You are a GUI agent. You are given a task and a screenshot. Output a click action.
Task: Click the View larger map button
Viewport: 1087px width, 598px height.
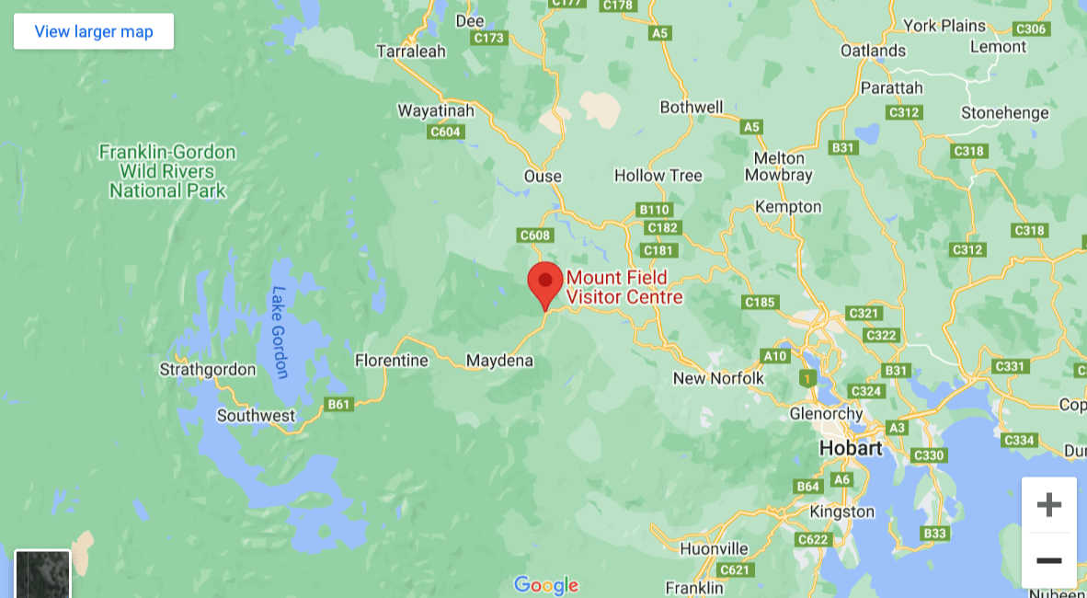(x=94, y=32)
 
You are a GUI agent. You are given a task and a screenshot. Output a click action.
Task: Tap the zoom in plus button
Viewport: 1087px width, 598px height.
(x=1048, y=504)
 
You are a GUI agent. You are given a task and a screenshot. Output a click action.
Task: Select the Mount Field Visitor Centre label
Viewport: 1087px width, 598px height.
(x=624, y=288)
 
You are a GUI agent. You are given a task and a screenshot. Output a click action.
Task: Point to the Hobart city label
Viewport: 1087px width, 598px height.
(x=851, y=449)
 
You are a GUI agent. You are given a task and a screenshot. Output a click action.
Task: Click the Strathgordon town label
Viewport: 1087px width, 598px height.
(x=208, y=370)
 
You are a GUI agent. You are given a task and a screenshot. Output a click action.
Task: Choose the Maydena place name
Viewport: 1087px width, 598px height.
(x=499, y=361)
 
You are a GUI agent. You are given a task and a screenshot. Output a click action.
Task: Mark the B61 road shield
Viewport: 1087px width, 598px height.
(x=340, y=404)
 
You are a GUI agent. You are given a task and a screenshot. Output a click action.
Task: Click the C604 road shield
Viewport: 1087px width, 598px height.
(x=445, y=132)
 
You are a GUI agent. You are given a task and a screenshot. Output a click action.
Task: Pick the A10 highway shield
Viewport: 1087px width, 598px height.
(x=775, y=356)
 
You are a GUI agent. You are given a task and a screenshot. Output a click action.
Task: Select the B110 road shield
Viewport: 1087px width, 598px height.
(x=655, y=210)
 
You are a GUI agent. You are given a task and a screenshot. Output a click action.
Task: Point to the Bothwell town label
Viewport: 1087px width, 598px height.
(x=692, y=108)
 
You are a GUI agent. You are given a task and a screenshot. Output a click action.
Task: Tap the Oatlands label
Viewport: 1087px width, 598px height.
(x=873, y=51)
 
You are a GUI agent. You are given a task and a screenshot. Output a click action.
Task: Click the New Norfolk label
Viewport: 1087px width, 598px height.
(x=718, y=379)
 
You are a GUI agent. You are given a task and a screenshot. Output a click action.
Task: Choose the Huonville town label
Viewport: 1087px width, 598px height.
(x=714, y=549)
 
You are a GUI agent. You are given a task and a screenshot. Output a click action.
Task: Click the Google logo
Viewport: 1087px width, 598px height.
(x=546, y=585)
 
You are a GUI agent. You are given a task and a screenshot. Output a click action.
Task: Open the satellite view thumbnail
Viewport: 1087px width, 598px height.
(x=42, y=574)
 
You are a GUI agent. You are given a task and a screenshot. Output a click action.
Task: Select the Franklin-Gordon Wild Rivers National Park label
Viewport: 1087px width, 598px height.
(x=167, y=171)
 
